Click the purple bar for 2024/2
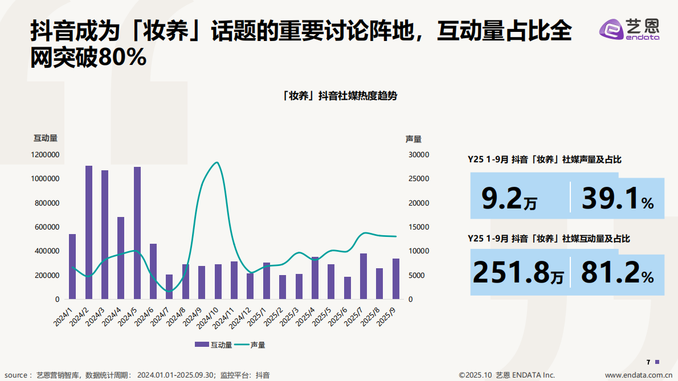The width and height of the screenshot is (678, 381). (x=89, y=232)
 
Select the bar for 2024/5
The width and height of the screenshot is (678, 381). (x=137, y=233)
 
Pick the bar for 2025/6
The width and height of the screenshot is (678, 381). (x=348, y=288)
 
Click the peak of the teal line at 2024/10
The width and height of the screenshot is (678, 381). (x=217, y=163)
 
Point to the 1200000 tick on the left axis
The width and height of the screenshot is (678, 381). (x=45, y=155)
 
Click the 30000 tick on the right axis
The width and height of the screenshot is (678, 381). (x=419, y=155)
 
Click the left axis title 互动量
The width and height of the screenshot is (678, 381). (x=45, y=138)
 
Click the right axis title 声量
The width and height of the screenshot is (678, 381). (x=413, y=138)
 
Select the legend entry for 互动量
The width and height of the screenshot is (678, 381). (x=213, y=345)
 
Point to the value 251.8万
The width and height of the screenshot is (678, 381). (x=518, y=274)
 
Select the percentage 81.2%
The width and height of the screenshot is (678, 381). (x=617, y=274)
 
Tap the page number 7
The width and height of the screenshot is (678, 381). (x=648, y=362)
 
